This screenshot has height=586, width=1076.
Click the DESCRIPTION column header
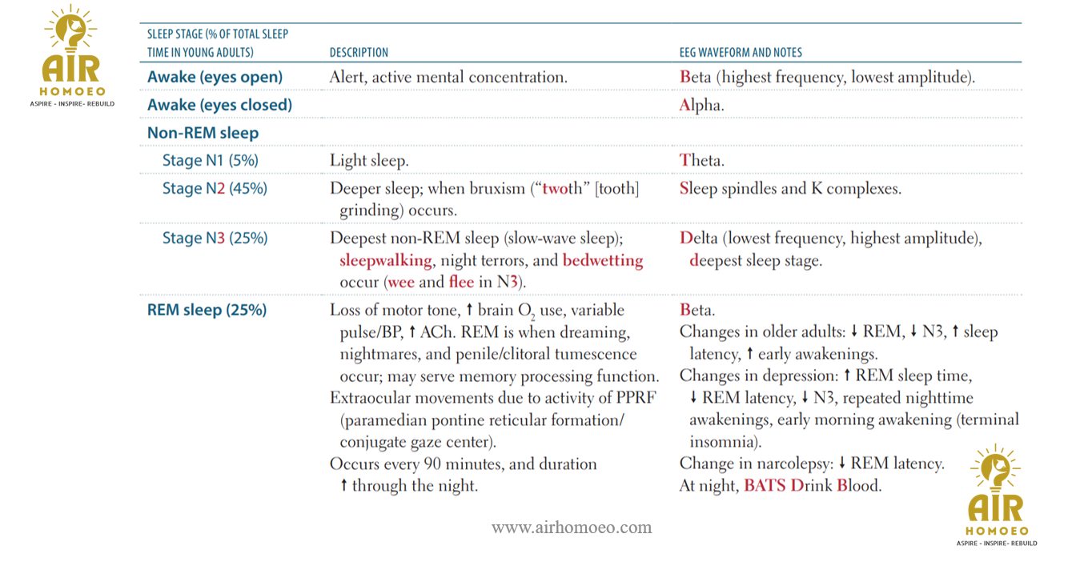359,53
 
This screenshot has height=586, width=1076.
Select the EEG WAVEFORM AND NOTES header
741,53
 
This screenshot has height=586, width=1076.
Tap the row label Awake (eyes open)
215,78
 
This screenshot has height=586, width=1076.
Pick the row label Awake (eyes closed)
219,105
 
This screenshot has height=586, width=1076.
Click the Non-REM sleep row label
203,133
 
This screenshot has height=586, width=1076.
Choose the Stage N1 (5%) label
210,160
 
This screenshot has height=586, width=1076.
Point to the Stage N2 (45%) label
215,189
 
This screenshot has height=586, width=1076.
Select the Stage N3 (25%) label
215,239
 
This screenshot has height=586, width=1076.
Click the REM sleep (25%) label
207,310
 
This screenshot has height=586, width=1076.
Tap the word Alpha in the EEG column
701,105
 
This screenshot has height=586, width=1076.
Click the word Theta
701,160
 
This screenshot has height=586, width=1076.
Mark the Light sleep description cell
368,160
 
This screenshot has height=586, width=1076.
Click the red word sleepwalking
386,261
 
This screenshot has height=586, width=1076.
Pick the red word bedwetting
602,261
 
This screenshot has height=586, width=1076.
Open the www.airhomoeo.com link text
572,528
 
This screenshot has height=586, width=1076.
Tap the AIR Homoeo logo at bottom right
996,496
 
